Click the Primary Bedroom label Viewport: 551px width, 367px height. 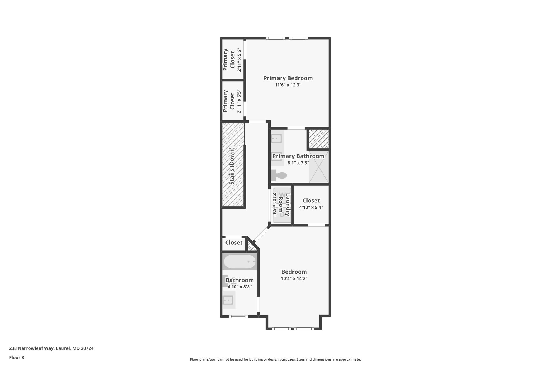288,78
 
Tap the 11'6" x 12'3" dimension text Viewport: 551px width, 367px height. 288,85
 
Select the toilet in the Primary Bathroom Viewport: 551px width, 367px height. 279,175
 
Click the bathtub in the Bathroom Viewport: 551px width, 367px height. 240,262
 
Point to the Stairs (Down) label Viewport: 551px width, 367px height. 232,166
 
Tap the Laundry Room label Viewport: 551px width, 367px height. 284,205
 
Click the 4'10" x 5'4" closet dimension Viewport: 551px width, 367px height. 311,207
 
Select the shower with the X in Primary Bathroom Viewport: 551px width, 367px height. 319,167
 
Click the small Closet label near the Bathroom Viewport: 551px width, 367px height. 234,243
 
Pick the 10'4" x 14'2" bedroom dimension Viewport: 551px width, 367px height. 294,279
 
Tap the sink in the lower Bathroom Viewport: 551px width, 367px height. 228,300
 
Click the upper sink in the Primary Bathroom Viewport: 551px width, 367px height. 276,139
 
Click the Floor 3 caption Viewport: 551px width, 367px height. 17,358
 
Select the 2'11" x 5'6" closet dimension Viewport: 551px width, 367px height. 239,60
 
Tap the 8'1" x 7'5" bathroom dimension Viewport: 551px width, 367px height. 298,163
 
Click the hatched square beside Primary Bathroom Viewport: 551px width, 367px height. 319,139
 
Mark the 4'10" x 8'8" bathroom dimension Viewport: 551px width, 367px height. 239,287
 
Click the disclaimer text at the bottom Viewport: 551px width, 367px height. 275,359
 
